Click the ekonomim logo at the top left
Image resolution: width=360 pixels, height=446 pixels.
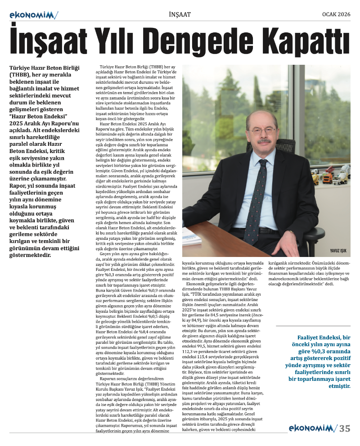pyautogui.click(x=34, y=15)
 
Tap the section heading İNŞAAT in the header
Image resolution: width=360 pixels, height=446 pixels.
pyautogui.click(x=180, y=14)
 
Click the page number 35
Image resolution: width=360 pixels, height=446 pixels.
pyautogui.click(x=345, y=428)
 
